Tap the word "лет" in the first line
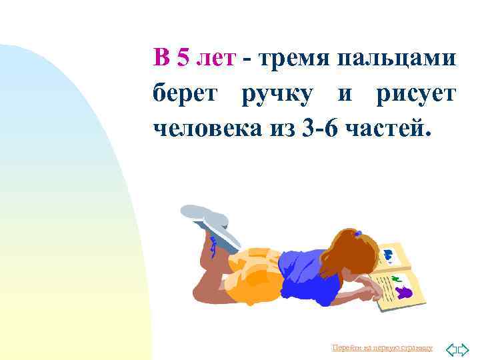point(215,58)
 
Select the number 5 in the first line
point(183,58)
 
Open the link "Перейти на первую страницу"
point(382,348)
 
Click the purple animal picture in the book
point(405,291)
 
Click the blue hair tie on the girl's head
point(358,233)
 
